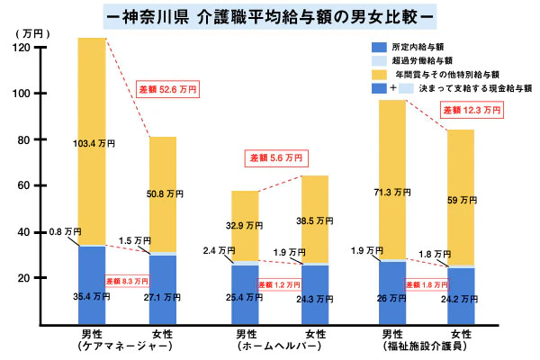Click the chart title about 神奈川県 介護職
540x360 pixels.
tap(269, 17)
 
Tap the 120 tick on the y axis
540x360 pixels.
tap(22, 47)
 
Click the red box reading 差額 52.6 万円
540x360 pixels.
tap(166, 89)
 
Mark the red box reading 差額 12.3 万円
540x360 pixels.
tap(472, 110)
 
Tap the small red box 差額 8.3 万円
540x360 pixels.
tap(128, 281)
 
